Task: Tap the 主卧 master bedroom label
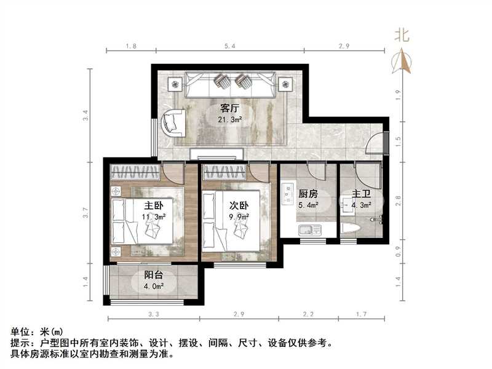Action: [153, 205]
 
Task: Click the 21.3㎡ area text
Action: [229, 120]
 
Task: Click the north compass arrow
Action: [404, 61]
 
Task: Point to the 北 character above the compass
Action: [402, 36]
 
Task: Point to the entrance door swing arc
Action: [373, 145]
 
